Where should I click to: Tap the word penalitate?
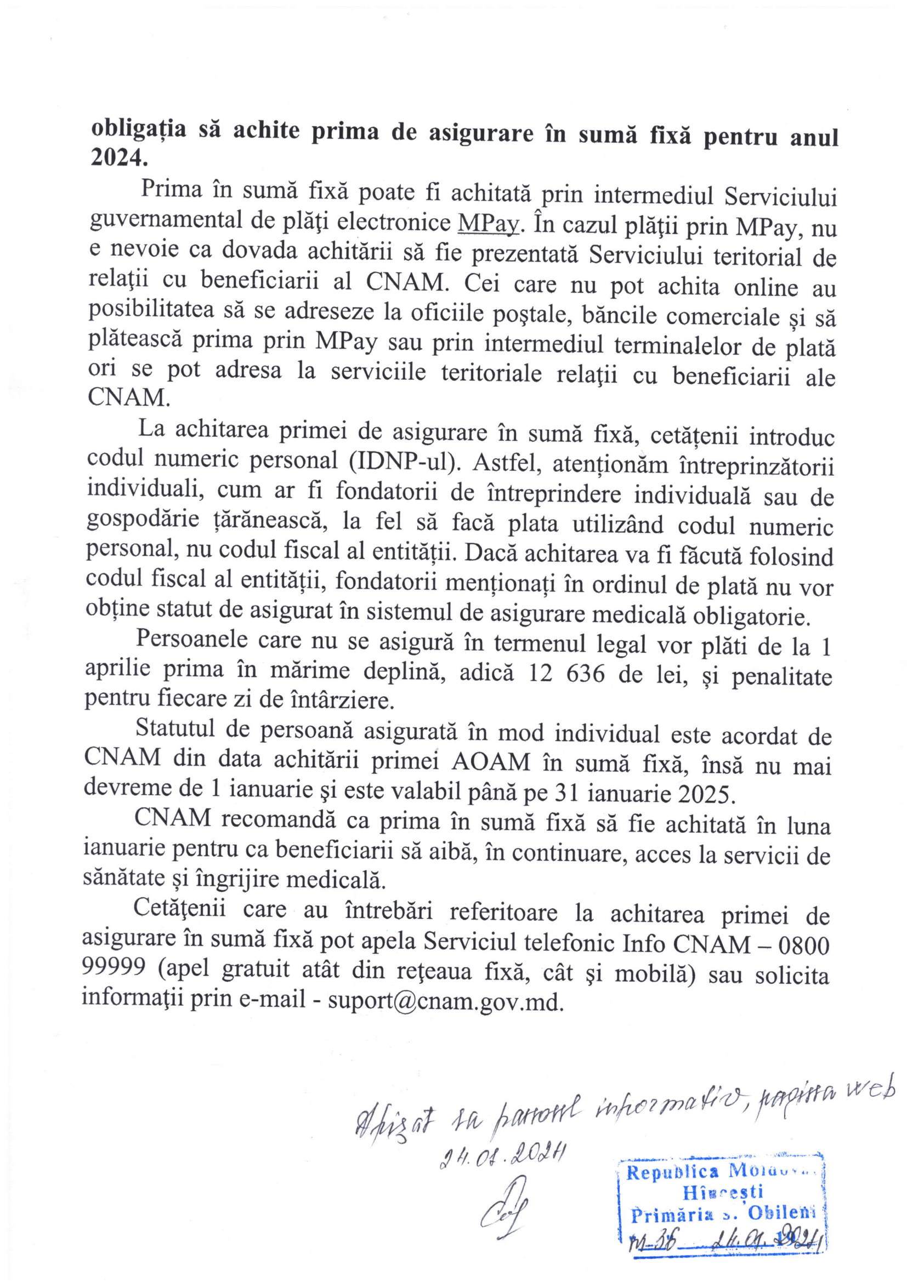(x=782, y=677)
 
